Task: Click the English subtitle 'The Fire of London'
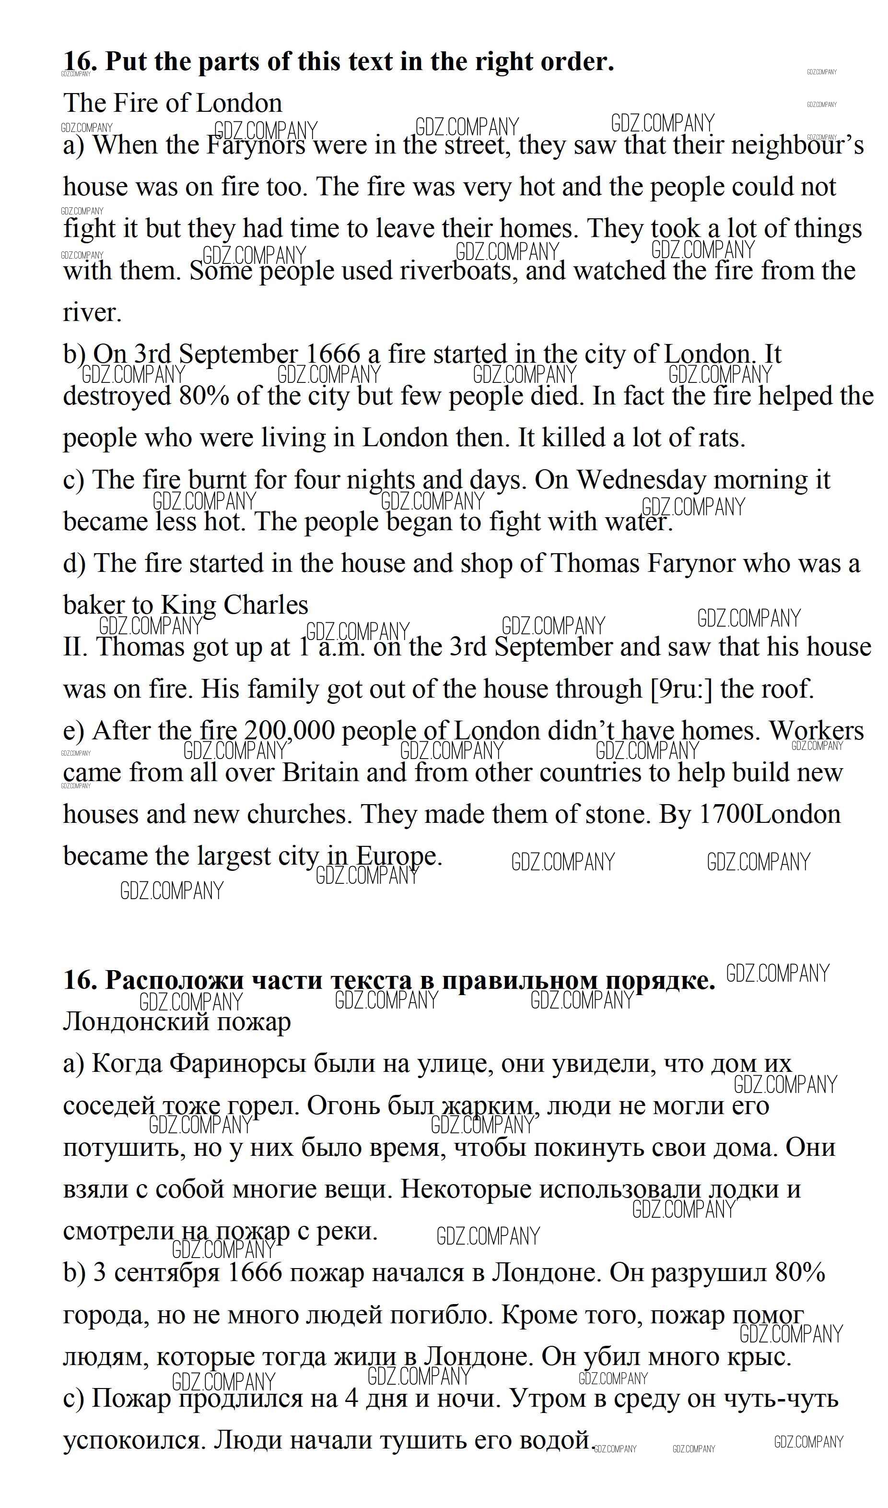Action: [x=172, y=104]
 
